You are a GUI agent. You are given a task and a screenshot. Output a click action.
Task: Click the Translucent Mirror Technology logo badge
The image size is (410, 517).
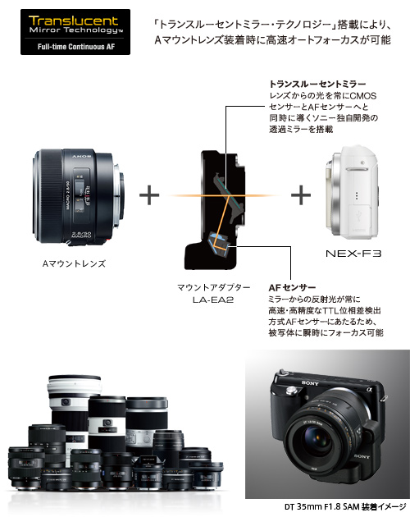click(75, 32)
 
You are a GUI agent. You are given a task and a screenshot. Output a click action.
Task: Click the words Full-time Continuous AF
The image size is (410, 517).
click(75, 47)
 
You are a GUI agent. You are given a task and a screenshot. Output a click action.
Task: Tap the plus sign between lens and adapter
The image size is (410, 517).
click(149, 194)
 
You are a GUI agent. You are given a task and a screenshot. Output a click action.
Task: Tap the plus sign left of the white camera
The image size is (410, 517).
click(301, 194)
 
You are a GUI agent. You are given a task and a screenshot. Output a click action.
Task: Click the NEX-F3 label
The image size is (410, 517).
click(353, 254)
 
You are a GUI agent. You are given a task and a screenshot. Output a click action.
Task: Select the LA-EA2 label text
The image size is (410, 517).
click(213, 300)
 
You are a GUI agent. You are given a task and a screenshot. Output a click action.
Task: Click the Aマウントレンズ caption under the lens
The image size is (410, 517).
click(74, 263)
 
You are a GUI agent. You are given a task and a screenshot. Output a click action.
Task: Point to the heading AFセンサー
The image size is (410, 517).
click(292, 287)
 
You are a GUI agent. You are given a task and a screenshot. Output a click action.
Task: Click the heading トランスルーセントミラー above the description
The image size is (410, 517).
click(317, 84)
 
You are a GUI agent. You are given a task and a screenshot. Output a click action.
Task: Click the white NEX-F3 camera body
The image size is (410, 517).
click(351, 192)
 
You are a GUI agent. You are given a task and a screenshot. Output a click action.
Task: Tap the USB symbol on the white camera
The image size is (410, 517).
click(358, 216)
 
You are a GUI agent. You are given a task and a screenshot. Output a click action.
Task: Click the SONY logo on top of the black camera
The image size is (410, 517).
click(310, 382)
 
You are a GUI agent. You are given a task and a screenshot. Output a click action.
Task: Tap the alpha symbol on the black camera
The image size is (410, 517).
click(369, 390)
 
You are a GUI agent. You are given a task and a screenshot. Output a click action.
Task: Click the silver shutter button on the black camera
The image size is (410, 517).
click(292, 391)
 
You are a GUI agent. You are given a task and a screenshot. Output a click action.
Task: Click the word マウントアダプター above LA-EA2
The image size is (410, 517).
click(213, 287)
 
